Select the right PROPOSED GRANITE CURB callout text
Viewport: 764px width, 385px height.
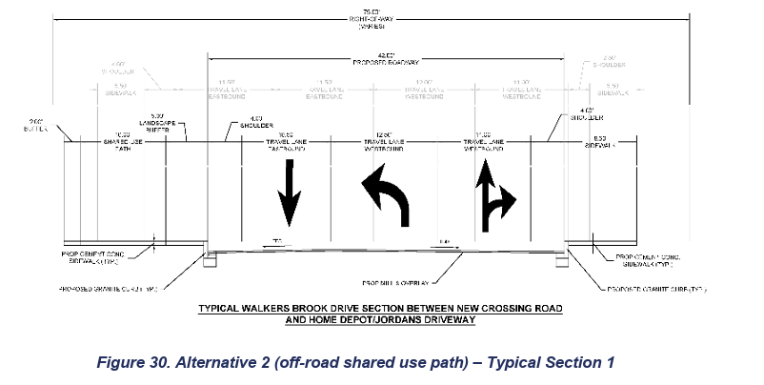pos(658,288)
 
